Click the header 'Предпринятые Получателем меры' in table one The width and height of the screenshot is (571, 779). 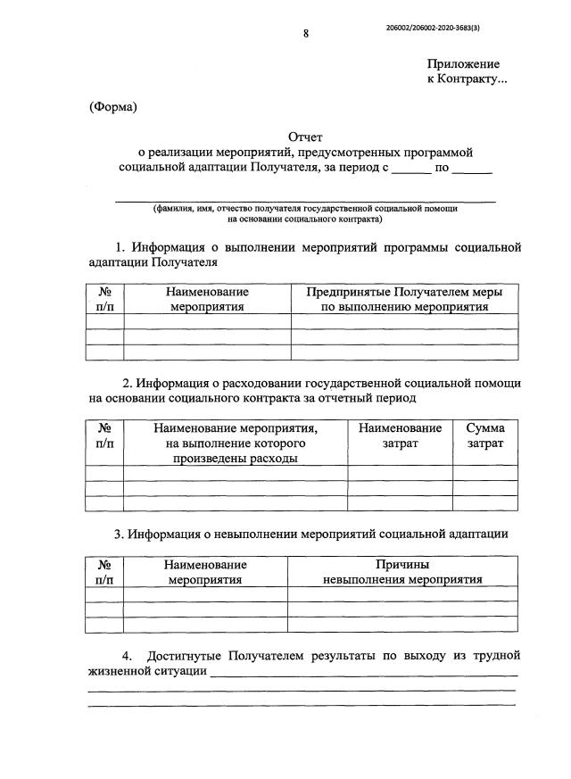pos(404,292)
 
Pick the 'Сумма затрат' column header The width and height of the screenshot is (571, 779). pos(485,435)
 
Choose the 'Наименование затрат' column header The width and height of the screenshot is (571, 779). pos(400,435)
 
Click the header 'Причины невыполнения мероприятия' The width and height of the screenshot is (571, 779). pos(402,572)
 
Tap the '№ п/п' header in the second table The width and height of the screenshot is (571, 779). pos(104,435)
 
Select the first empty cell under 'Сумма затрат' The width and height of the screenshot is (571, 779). pos(485,473)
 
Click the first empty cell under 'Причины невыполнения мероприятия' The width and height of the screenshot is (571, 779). pos(402,594)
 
